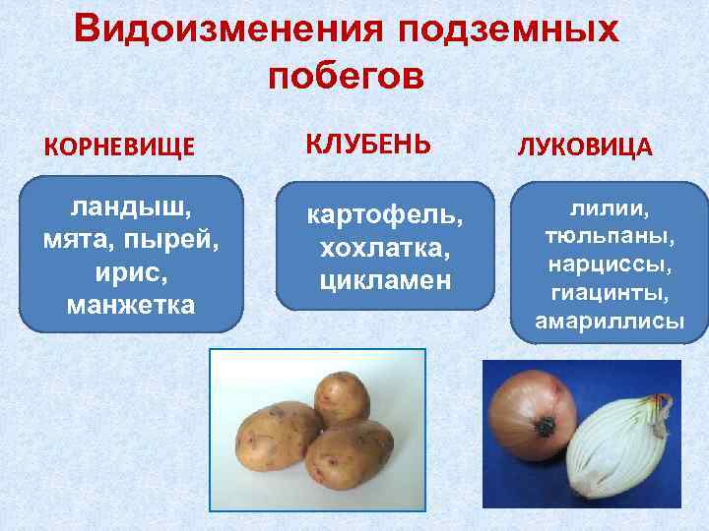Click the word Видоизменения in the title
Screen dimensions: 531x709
click(229, 30)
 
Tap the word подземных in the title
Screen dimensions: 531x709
click(509, 32)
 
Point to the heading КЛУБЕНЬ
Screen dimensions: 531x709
click(368, 144)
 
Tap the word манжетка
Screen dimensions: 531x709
click(130, 306)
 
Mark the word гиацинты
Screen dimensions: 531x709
click(608, 294)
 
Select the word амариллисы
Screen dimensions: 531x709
click(608, 322)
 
